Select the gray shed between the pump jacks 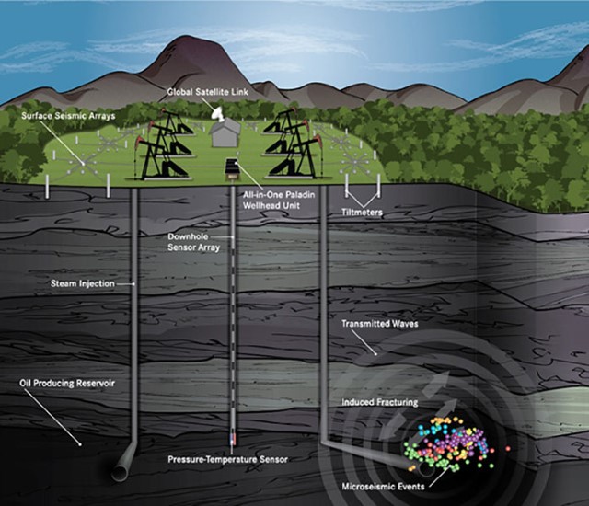(x=225, y=136)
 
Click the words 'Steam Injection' (x=82, y=284)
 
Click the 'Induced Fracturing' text (x=379, y=402)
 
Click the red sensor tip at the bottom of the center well (x=232, y=438)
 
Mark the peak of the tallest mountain (x=190, y=38)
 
